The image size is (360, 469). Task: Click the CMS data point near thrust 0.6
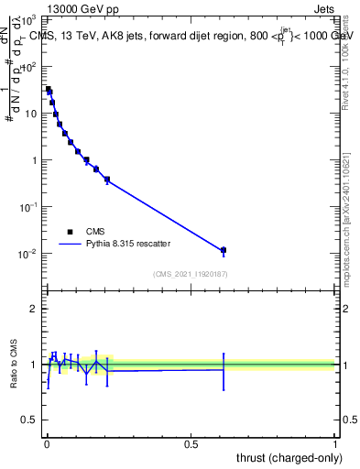tap(223, 250)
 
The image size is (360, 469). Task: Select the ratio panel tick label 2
tap(33, 309)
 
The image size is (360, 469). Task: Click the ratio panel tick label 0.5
tap(28, 421)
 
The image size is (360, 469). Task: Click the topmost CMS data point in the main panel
tap(49, 90)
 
